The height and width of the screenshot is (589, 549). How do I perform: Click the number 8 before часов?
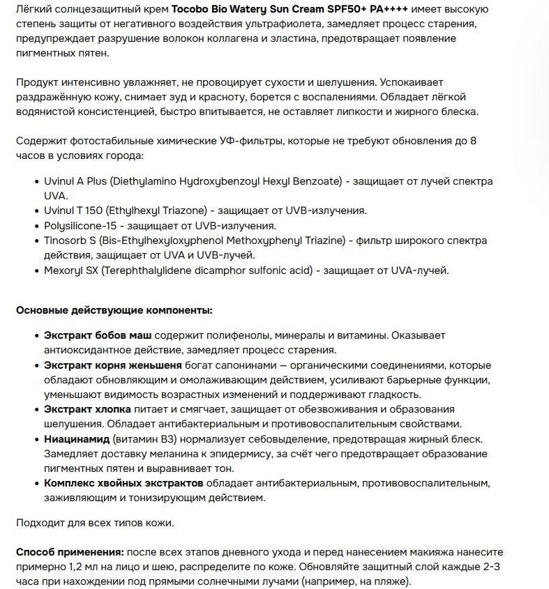click(474, 140)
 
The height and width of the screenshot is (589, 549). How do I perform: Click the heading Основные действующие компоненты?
click(114, 309)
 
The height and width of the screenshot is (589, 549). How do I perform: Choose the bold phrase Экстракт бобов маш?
click(98, 335)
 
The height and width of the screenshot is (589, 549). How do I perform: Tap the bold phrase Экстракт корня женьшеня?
click(113, 365)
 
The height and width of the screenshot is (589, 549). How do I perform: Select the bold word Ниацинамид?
click(77, 439)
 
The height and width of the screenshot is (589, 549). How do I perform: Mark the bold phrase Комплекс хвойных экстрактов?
click(123, 483)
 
